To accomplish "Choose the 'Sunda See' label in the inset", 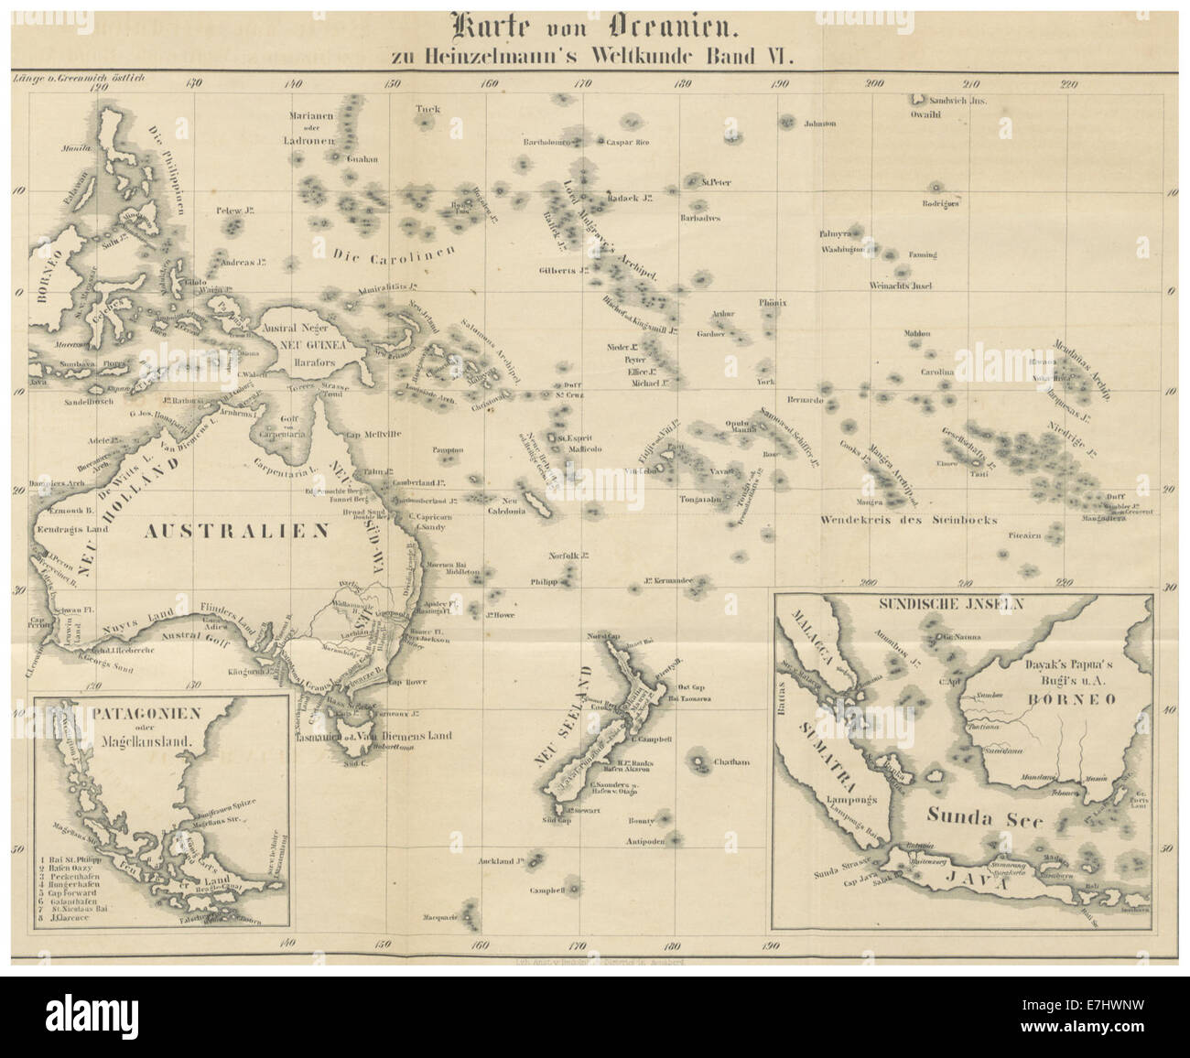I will [983, 819].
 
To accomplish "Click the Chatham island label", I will [730, 761].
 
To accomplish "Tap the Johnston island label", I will [819, 124].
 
